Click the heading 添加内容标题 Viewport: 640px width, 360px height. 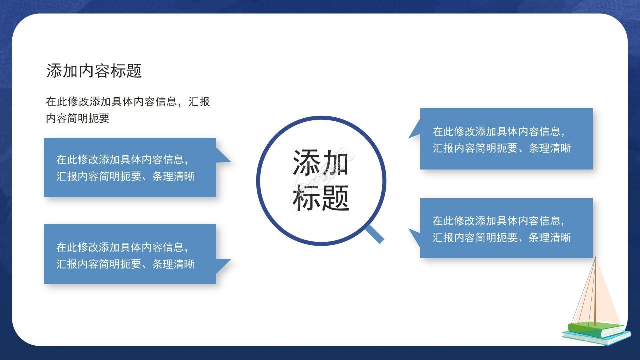[94, 71]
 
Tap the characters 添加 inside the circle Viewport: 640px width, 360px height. [320, 162]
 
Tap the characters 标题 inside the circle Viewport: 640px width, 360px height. [321, 198]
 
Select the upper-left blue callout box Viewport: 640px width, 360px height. [130, 167]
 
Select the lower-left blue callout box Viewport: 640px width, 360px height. [130, 254]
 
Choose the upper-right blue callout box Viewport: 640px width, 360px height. [506, 139]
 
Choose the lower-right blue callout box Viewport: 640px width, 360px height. [506, 228]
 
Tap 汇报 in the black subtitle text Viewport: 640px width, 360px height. [199, 102]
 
